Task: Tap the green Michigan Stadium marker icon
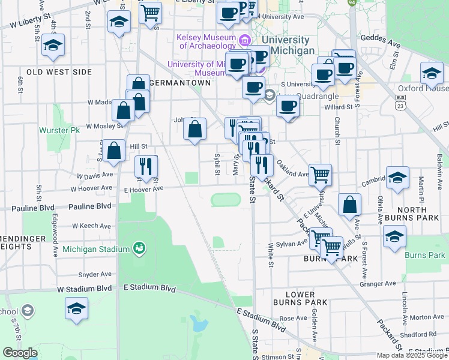coord(139,248)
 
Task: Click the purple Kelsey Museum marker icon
coord(244,41)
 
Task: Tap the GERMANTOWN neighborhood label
coord(181,83)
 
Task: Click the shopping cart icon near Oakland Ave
coord(321,175)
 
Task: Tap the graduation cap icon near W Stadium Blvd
coord(77,308)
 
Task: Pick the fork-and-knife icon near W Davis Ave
coord(146,167)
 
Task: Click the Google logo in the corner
coord(20,353)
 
